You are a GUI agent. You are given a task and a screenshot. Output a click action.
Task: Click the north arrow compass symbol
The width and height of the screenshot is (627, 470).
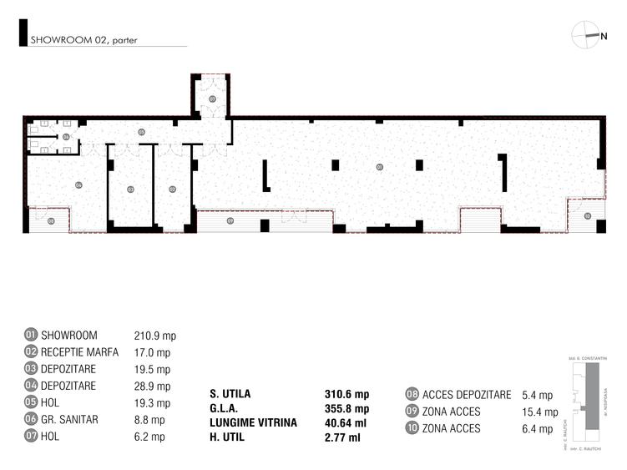pyautogui.click(x=589, y=35)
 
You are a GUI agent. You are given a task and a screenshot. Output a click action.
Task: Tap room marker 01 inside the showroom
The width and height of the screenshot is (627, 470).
pyautogui.click(x=379, y=167)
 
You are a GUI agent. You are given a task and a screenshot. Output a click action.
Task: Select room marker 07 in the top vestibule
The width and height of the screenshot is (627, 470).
pyautogui.click(x=212, y=99)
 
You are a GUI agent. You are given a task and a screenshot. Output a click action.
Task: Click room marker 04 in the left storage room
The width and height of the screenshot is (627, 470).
pyautogui.click(x=78, y=184)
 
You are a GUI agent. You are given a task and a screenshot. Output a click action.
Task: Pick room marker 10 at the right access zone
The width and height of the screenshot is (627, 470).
pyautogui.click(x=587, y=215)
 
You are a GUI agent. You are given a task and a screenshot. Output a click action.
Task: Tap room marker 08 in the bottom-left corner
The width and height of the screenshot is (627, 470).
pyautogui.click(x=52, y=221)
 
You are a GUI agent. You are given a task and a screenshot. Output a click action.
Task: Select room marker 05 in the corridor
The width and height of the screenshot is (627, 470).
pyautogui.click(x=141, y=132)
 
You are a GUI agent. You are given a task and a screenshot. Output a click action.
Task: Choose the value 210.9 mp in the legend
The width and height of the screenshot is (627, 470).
pyautogui.click(x=154, y=335)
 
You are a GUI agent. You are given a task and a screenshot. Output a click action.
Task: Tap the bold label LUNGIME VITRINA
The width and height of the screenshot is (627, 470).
pyautogui.click(x=253, y=423)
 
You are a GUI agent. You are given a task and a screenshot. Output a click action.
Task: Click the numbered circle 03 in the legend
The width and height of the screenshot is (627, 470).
pyautogui.click(x=32, y=369)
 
